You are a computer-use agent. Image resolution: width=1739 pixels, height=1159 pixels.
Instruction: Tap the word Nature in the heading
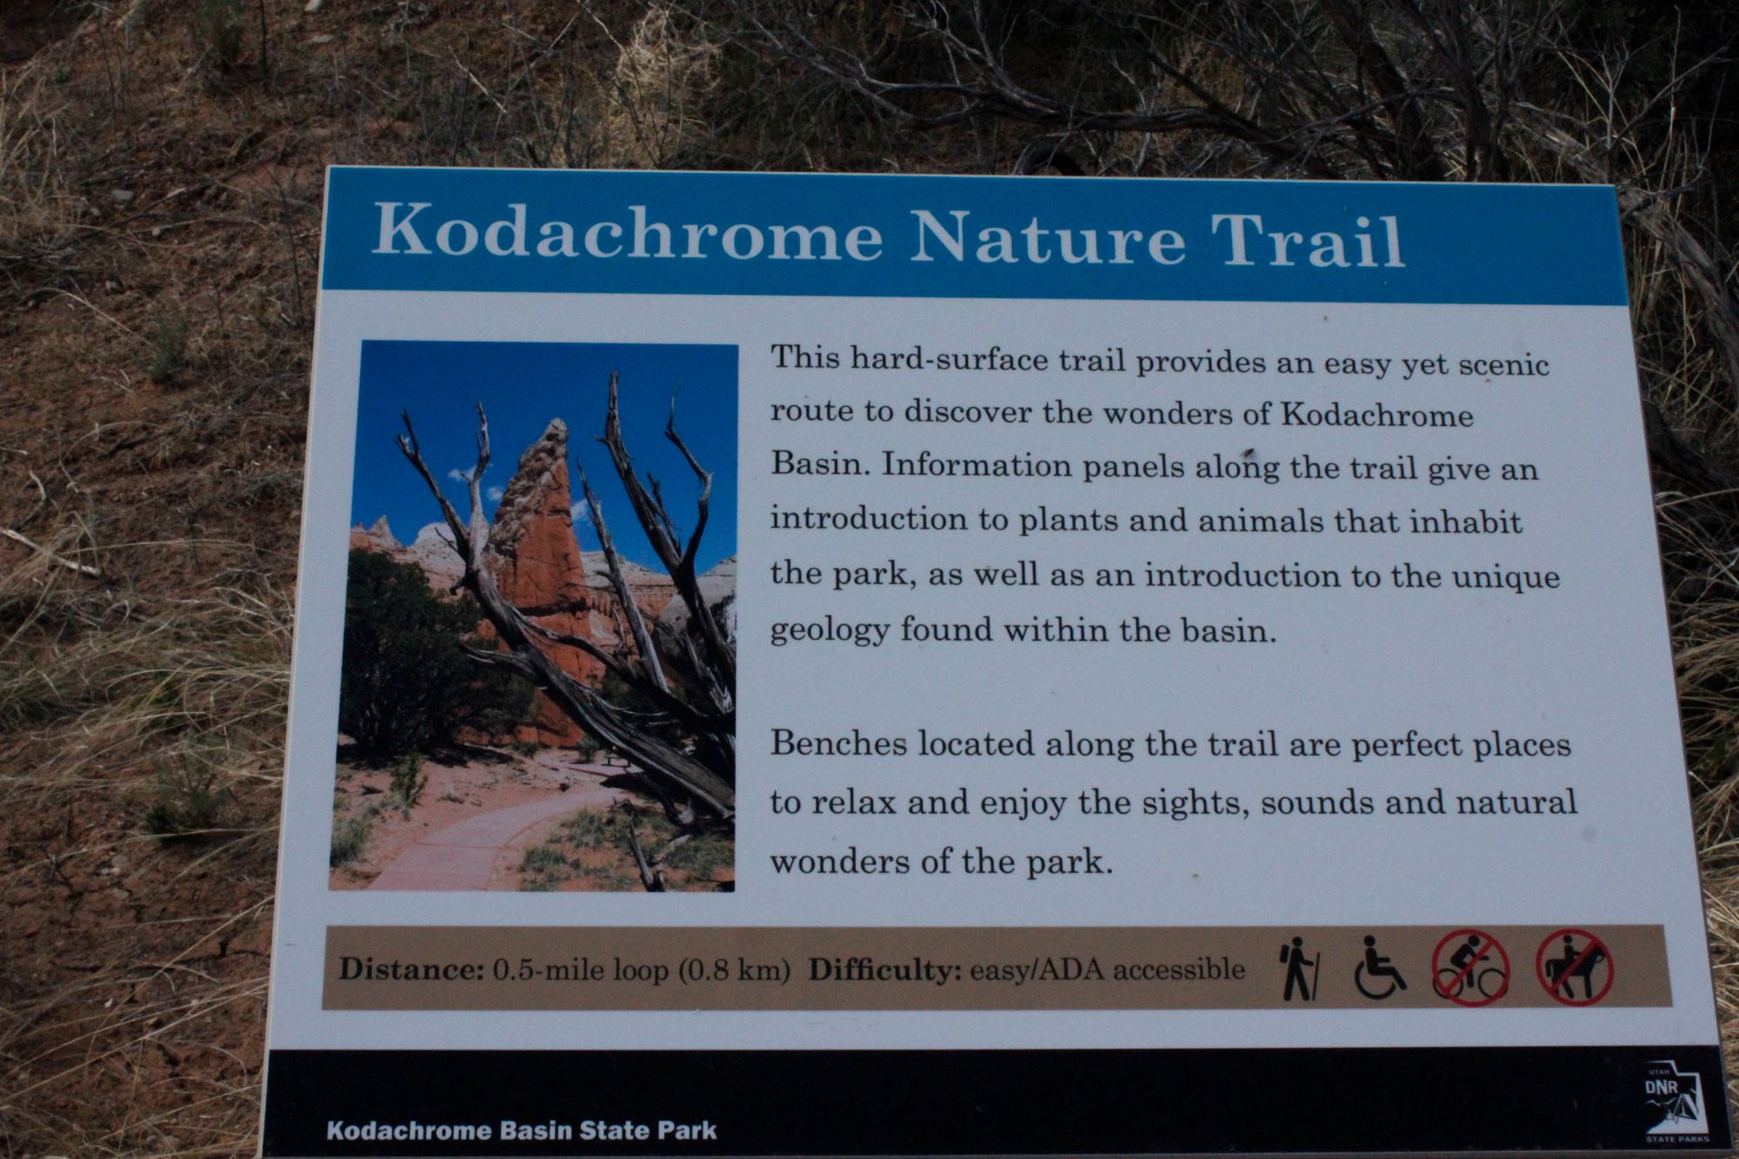[x=1048, y=236]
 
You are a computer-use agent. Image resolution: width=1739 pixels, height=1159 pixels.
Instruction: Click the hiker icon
[x=1298, y=968]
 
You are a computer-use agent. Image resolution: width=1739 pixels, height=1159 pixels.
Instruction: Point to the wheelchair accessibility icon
[x=1379, y=967]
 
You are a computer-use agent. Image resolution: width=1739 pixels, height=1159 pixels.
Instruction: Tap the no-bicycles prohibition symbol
[x=1470, y=968]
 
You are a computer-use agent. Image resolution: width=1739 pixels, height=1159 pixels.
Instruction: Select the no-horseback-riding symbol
[x=1575, y=967]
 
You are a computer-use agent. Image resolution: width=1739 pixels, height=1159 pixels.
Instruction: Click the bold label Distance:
[x=410, y=969]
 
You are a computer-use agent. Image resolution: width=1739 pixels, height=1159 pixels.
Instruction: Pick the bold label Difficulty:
[x=884, y=969]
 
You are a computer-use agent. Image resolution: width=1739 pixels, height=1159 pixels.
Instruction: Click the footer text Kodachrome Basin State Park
[x=522, y=1130]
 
